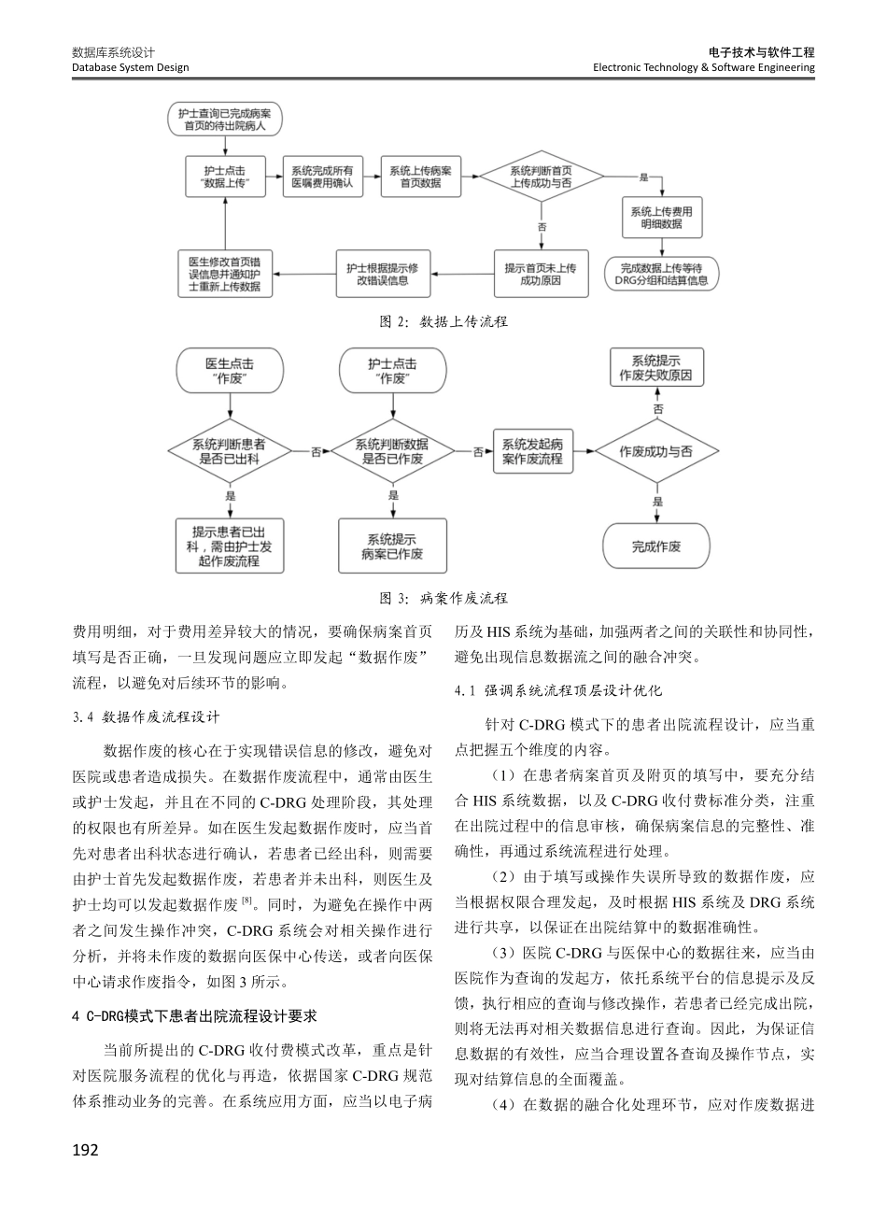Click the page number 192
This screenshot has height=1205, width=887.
(x=85, y=1149)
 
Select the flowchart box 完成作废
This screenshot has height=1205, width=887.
(x=656, y=546)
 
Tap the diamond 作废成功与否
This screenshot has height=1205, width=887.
(x=656, y=451)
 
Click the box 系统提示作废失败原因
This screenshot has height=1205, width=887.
(x=656, y=368)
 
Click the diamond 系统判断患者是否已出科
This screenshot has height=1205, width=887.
(x=229, y=451)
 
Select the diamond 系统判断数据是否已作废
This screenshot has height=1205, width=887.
(x=391, y=451)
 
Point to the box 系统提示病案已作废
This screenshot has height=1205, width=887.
(x=391, y=546)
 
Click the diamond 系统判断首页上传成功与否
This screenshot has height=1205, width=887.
(x=542, y=177)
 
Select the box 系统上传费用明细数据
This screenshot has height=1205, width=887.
(x=661, y=218)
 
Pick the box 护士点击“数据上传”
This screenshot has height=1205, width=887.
(x=226, y=177)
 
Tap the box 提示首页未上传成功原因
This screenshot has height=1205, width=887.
(x=541, y=274)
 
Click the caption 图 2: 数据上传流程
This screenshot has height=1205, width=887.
(x=443, y=321)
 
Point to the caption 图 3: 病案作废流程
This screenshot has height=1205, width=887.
(x=443, y=598)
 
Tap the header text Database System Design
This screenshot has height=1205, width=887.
(x=130, y=67)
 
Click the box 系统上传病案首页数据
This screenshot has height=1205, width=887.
(x=421, y=177)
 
